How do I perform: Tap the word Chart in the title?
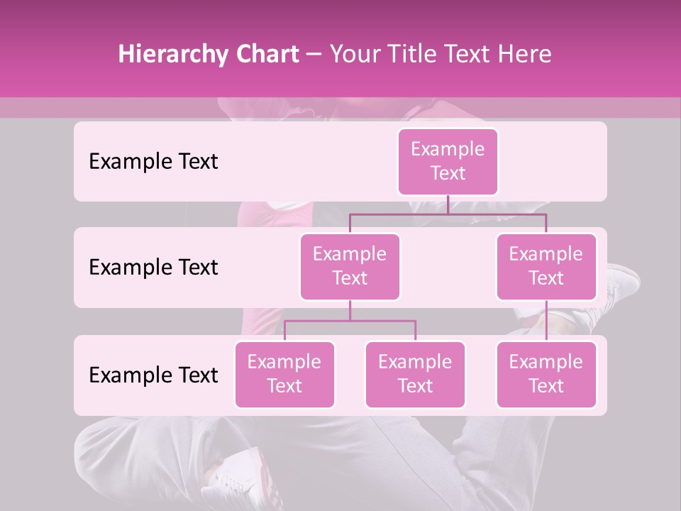coord(263,55)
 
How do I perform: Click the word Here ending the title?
coord(525,55)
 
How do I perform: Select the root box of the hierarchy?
coord(448,161)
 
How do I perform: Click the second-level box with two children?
coord(350,266)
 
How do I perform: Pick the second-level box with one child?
coord(546,266)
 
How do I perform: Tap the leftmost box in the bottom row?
coord(284,374)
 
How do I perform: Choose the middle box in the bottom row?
coord(415,374)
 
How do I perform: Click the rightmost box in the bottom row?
coord(546,374)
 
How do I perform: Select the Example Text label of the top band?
coord(153,162)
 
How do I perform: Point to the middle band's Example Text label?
coord(153,268)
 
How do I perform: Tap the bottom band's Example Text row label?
coord(153,375)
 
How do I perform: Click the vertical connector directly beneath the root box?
coord(448,204)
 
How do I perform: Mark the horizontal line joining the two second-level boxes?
coord(448,214)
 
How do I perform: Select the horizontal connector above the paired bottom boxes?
coord(350,321)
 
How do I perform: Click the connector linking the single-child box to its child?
coord(546,321)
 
